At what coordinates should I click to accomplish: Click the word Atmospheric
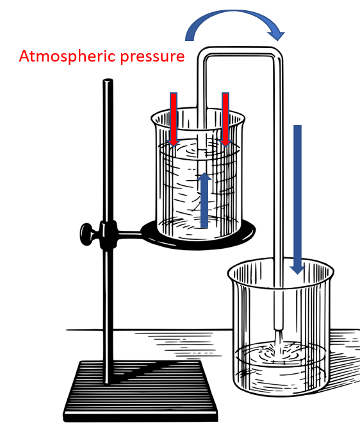(67, 56)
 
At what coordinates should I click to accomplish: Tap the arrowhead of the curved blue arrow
(277, 35)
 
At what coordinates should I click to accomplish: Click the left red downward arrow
(174, 119)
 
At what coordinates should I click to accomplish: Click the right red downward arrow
(225, 119)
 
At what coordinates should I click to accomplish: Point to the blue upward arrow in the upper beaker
(204, 200)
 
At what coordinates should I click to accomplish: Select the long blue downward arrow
(297, 199)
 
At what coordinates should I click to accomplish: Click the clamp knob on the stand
(87, 234)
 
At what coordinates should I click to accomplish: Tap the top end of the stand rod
(108, 80)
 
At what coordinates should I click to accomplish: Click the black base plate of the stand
(140, 391)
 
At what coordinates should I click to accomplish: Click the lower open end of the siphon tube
(279, 329)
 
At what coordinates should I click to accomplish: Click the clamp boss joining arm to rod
(108, 235)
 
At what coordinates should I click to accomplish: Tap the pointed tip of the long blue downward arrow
(297, 274)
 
